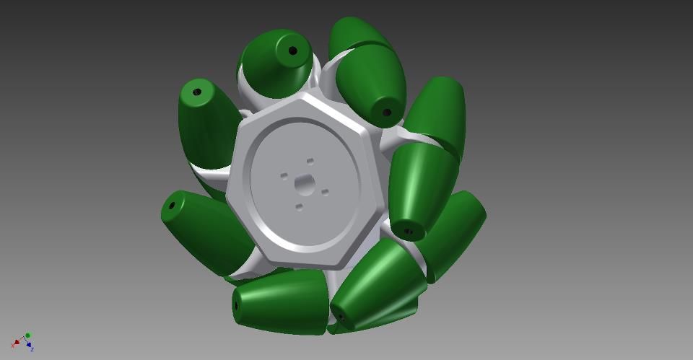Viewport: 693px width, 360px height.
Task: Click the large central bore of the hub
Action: (x=304, y=185)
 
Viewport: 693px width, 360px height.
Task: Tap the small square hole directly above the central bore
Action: (x=310, y=161)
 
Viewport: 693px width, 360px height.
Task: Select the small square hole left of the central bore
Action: (x=284, y=175)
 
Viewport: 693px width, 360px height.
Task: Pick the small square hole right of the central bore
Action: (x=325, y=192)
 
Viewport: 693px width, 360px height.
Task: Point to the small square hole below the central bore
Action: (x=299, y=207)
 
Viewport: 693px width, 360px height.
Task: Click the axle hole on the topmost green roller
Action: (x=293, y=51)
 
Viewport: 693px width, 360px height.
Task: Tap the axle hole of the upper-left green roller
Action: (x=196, y=92)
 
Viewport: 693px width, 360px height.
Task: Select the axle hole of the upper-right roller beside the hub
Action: (x=386, y=112)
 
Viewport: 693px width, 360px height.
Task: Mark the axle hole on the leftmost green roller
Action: (x=172, y=206)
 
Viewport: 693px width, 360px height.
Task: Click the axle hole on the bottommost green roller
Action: (x=236, y=305)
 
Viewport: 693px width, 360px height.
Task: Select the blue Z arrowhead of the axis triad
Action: (x=30, y=345)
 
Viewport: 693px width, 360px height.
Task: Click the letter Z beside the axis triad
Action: (x=33, y=349)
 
